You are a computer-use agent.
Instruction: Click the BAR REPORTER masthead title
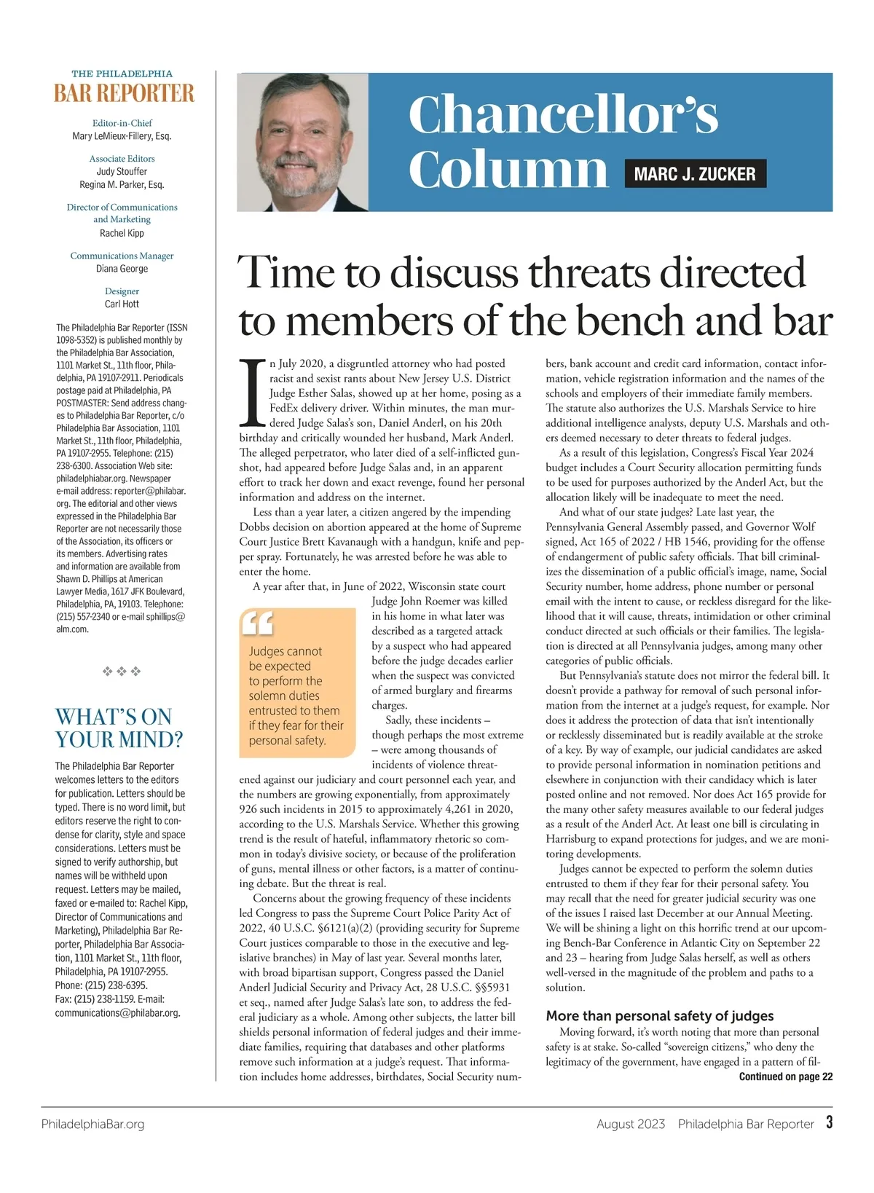[125, 94]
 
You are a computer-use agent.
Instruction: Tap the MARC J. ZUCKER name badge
[695, 174]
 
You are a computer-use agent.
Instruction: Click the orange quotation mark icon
[256, 623]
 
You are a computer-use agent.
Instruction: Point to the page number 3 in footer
[829, 1122]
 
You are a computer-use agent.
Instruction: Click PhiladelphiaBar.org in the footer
[92, 1124]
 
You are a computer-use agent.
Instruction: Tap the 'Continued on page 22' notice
[785, 1076]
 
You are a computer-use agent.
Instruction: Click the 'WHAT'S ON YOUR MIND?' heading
[119, 728]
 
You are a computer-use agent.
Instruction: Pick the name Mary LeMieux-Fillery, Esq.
[122, 136]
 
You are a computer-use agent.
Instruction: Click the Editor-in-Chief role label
[122, 123]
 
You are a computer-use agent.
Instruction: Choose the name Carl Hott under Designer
[122, 304]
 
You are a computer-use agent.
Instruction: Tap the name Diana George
[122, 269]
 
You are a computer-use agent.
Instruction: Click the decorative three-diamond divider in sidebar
[122, 671]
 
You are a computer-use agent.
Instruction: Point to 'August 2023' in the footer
[630, 1124]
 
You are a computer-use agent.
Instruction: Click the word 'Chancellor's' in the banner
[563, 114]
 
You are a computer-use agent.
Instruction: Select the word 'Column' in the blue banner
[508, 169]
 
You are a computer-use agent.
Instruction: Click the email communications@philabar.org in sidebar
[117, 1012]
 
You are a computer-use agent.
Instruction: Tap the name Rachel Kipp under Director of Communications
[122, 233]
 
